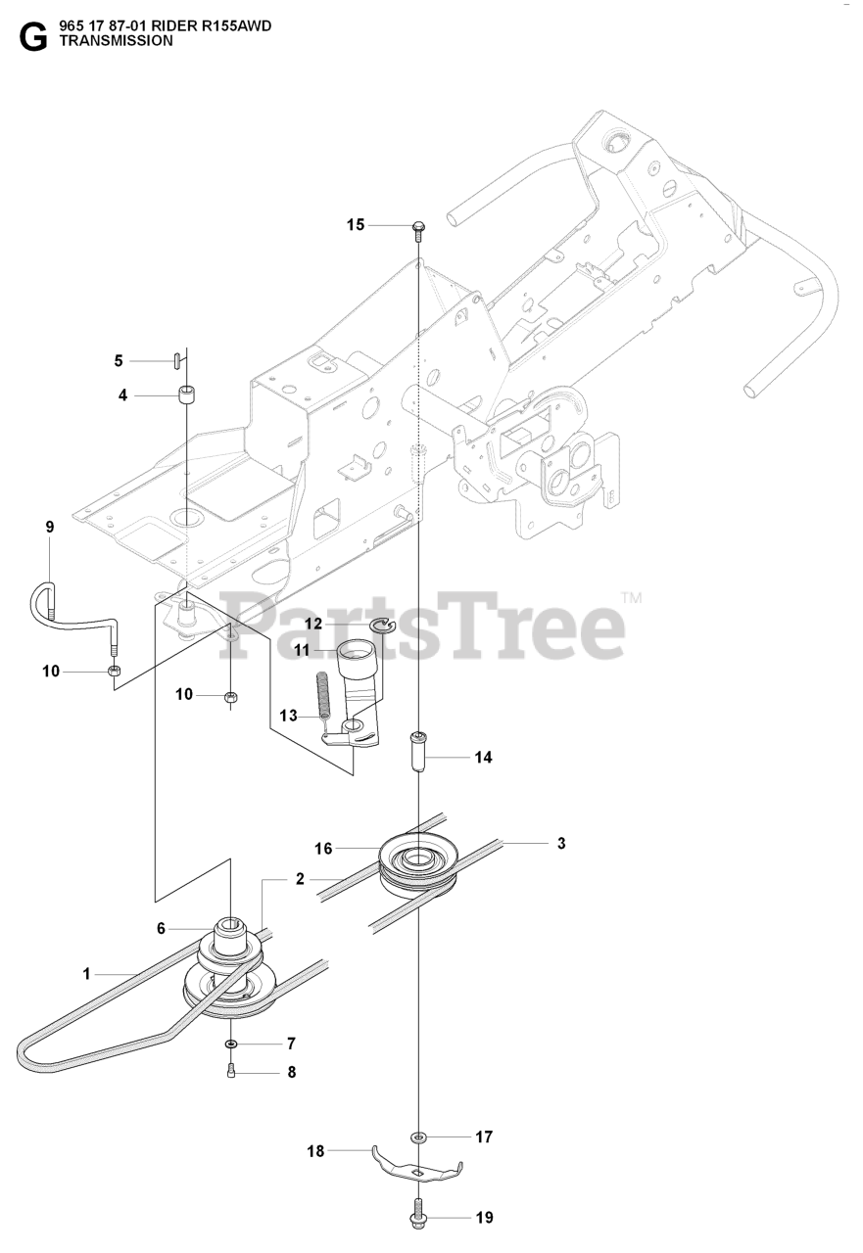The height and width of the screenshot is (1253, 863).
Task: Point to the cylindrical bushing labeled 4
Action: pos(185,395)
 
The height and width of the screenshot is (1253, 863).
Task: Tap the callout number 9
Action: pos(49,527)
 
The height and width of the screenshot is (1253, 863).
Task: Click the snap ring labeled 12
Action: pos(381,626)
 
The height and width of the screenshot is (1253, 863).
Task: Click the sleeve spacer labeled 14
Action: pos(418,756)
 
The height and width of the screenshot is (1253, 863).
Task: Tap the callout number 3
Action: pos(561,843)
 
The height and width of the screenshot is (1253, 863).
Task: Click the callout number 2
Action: pos(301,879)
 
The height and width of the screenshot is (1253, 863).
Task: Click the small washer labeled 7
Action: pos(229,1044)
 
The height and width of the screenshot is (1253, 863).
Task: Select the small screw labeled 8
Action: pos(229,1072)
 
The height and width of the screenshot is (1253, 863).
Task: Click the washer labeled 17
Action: pos(419,1137)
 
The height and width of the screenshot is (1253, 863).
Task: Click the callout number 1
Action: pos(86,973)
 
